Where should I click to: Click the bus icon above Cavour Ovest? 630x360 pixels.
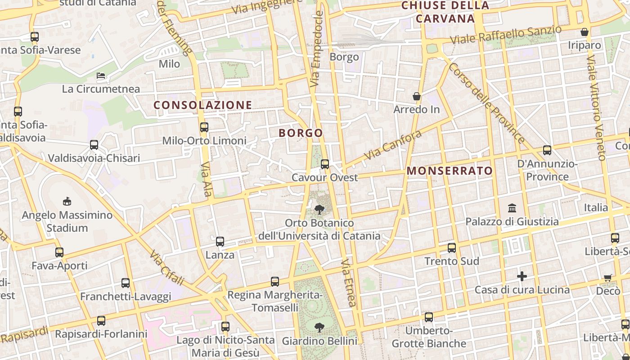(325, 164)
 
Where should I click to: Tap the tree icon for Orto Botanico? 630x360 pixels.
(319, 209)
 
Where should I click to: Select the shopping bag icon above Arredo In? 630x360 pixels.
(417, 96)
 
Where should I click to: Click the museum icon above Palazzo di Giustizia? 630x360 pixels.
(512, 208)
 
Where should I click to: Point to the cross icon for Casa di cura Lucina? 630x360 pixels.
(522, 276)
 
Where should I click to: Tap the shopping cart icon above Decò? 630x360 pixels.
(608, 278)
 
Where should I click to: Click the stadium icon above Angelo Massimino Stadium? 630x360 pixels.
(67, 201)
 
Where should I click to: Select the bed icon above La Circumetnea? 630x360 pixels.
(101, 76)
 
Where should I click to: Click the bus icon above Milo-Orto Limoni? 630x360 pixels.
(204, 127)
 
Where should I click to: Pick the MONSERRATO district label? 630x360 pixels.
(450, 171)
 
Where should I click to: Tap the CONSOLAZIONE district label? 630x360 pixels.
(203, 105)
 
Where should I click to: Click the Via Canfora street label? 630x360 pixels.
(393, 145)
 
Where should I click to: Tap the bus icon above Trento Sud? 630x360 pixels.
(452, 248)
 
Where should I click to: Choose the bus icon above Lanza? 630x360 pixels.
(220, 242)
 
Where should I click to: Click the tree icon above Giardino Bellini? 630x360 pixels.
(319, 327)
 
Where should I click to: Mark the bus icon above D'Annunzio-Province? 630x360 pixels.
(547, 150)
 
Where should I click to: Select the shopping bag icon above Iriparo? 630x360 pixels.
(585, 32)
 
